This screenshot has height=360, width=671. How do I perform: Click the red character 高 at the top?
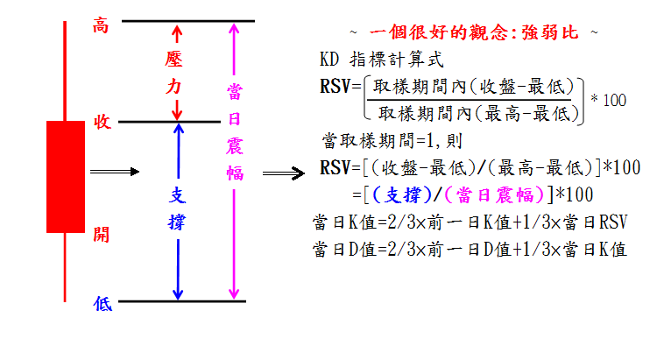[x=101, y=26]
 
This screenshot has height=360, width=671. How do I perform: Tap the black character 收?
[x=102, y=123]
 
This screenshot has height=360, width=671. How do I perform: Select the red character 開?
[x=102, y=234]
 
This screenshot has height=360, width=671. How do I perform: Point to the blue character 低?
[x=102, y=303]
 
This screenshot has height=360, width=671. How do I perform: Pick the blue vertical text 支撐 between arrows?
[x=176, y=208]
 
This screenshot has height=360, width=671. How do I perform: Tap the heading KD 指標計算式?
[x=382, y=60]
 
